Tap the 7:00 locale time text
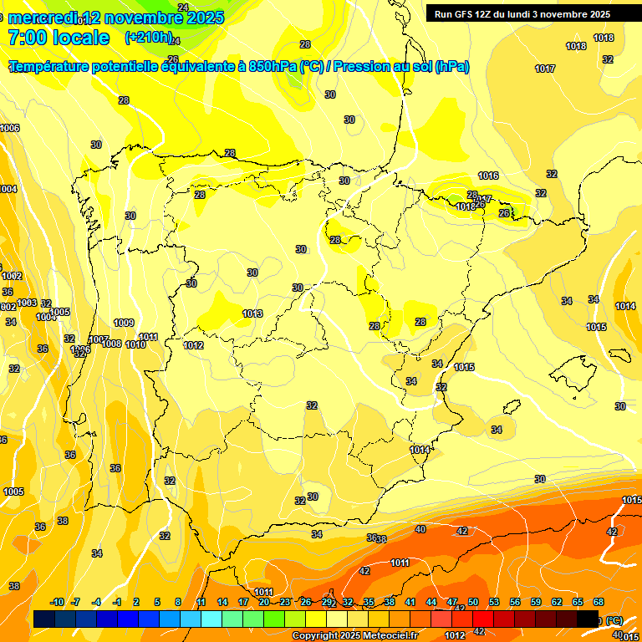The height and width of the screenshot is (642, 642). [x=59, y=38]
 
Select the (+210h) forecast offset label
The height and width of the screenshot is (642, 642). [x=149, y=38]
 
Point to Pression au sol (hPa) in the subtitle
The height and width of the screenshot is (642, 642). [x=401, y=67]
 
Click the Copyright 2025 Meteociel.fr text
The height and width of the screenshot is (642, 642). [x=354, y=636]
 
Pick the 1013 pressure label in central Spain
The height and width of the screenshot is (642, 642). [x=253, y=313]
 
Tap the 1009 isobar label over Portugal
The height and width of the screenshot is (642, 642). [x=124, y=323]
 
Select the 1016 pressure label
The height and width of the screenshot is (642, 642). [x=488, y=176]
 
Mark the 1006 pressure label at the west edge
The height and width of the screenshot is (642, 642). [x=10, y=128]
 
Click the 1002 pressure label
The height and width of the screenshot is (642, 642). [x=12, y=276]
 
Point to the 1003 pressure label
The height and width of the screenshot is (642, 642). [x=27, y=303]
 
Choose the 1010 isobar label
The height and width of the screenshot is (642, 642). [x=136, y=344]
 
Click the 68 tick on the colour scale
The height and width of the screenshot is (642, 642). [x=599, y=602]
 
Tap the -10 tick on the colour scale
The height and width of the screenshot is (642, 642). [x=57, y=602]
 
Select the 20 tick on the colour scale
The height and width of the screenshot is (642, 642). [x=264, y=602]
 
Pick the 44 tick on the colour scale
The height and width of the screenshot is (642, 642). [x=431, y=602]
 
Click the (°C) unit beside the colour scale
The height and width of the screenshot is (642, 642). [x=614, y=620]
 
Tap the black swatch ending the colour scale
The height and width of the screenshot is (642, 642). [x=588, y=619]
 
